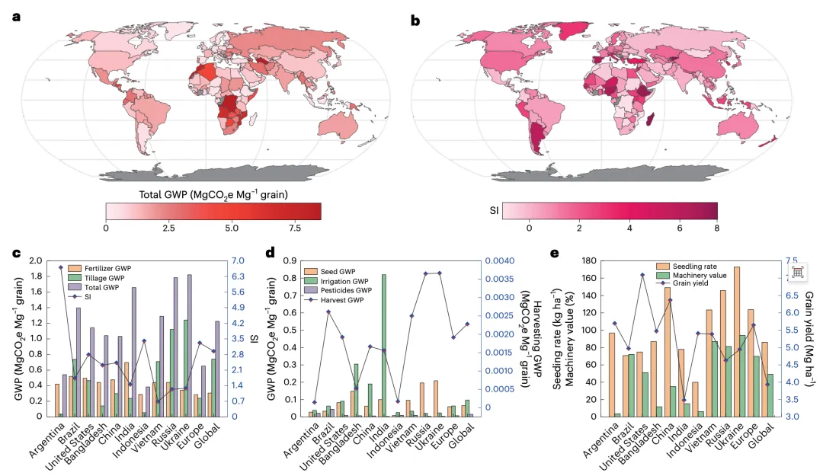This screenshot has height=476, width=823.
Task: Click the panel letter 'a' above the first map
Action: (x=16, y=17)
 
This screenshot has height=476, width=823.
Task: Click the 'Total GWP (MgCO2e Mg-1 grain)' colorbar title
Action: (x=213, y=194)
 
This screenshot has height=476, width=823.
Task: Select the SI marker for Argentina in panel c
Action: (x=61, y=267)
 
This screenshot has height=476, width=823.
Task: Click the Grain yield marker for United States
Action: (x=643, y=275)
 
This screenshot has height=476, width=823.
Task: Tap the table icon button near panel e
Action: (x=796, y=273)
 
